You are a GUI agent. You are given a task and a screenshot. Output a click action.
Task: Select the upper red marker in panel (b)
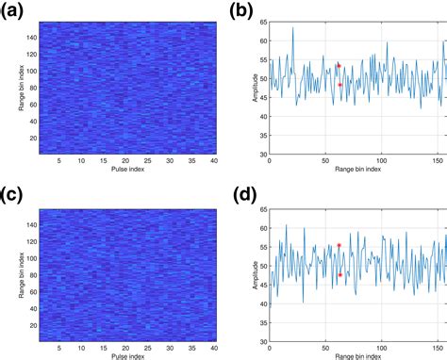[339, 66]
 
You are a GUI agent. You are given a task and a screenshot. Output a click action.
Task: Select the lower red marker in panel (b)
[339, 85]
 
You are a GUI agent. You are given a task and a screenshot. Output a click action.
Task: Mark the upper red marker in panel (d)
[339, 245]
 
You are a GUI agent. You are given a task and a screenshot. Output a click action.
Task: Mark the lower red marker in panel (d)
[339, 274]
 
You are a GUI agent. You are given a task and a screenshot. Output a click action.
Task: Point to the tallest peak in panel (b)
[292, 28]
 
